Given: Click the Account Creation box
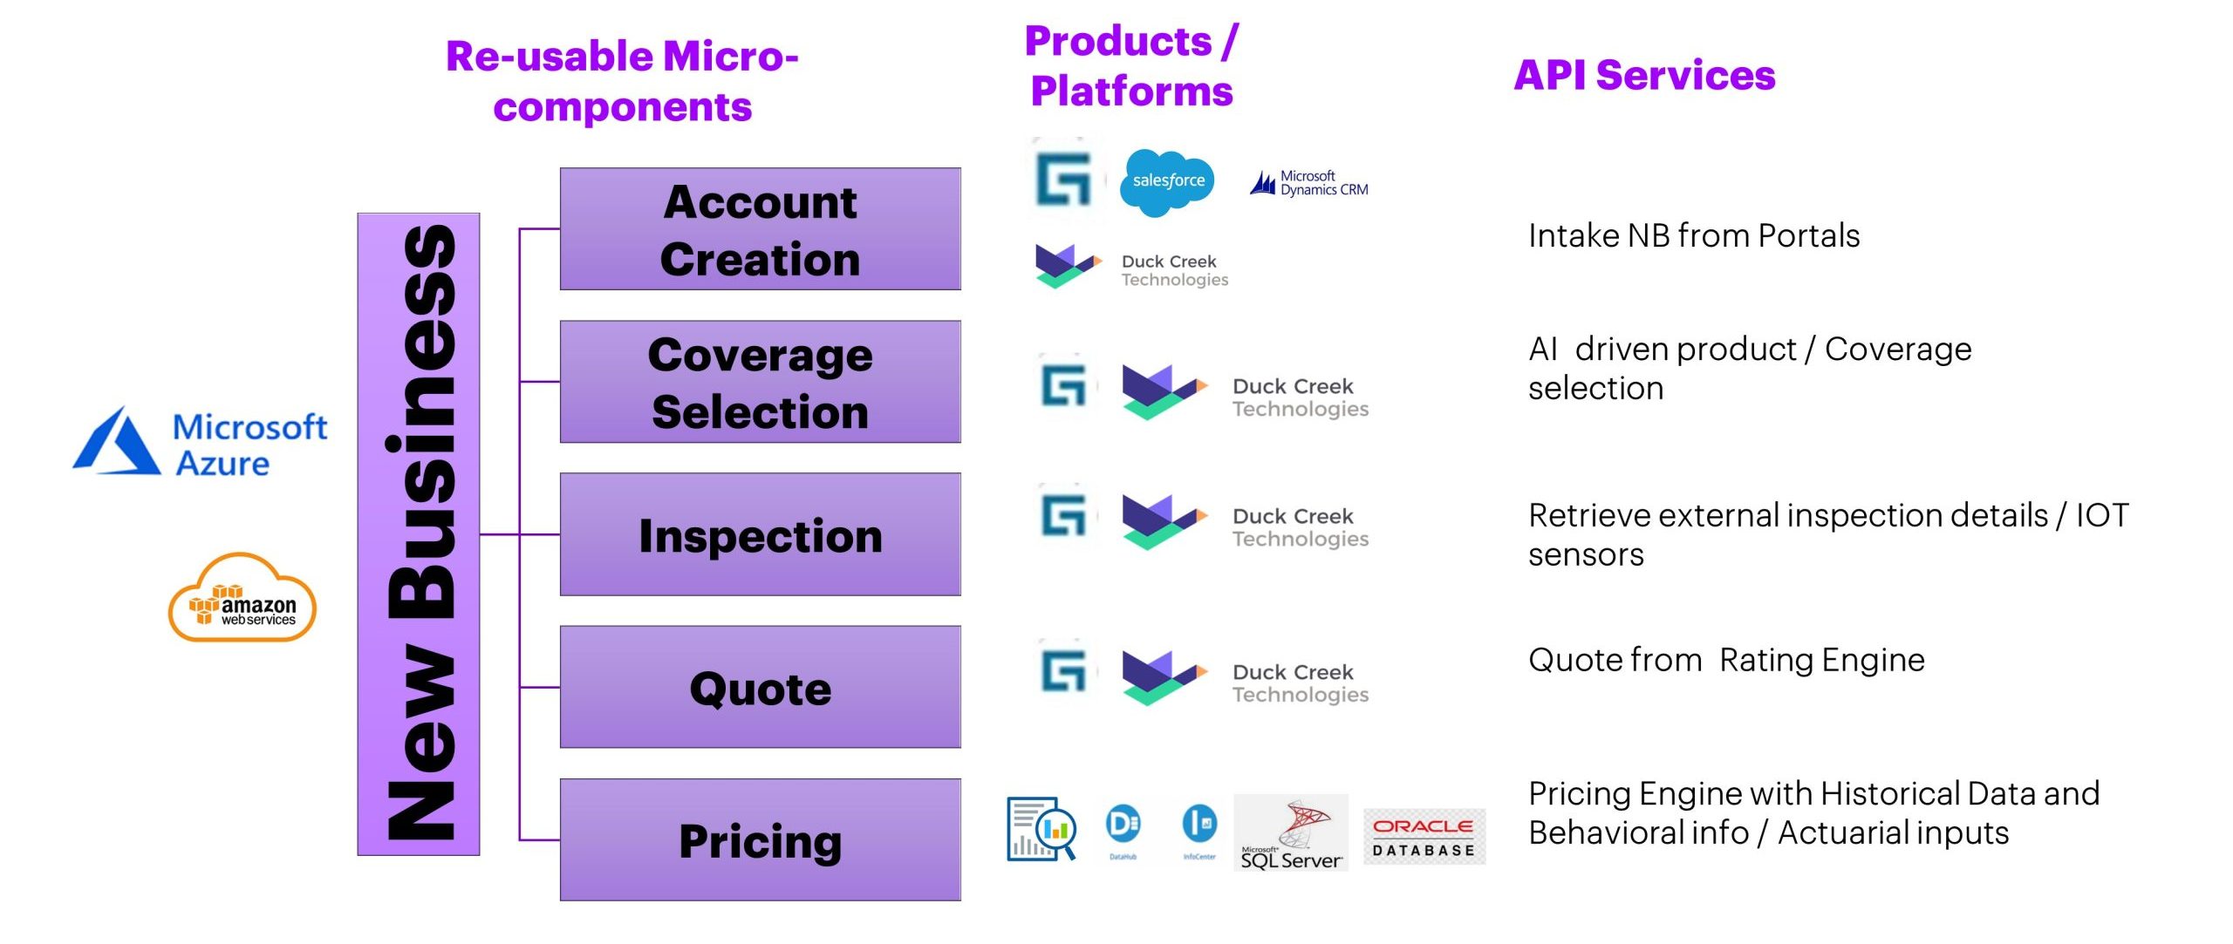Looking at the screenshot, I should click(760, 229).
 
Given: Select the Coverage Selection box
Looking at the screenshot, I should click(760, 382).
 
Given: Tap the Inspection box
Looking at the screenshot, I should click(760, 534).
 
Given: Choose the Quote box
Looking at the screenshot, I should click(760, 687).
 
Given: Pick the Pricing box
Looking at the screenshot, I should click(760, 839).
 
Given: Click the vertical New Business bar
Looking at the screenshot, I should click(419, 533).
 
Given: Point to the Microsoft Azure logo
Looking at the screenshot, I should click(201, 443).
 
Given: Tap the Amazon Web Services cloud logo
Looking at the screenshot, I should click(242, 600).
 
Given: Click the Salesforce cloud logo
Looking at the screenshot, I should click(1167, 181).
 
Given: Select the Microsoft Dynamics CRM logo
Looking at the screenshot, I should click(1309, 183).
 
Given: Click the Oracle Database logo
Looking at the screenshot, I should click(1424, 836).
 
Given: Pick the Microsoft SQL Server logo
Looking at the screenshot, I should click(1291, 833).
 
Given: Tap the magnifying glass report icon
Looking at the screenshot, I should click(1041, 828).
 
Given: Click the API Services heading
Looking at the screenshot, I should click(1644, 75).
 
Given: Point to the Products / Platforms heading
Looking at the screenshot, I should click(1131, 66).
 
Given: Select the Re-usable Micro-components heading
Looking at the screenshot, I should click(622, 81).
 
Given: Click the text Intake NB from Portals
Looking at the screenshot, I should click(1694, 235).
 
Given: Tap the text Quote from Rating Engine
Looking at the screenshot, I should click(1726, 660).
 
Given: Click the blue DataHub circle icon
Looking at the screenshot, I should click(1123, 825).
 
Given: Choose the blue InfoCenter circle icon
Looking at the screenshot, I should click(1199, 825).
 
